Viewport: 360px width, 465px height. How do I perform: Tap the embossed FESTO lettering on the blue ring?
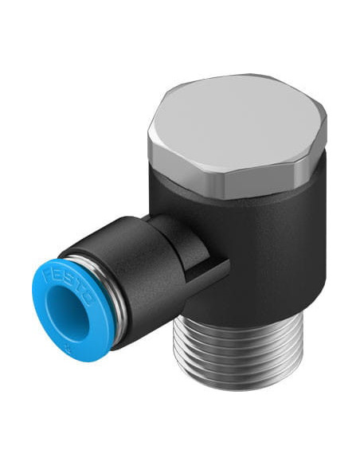68,286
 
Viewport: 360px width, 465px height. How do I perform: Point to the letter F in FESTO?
48,275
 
